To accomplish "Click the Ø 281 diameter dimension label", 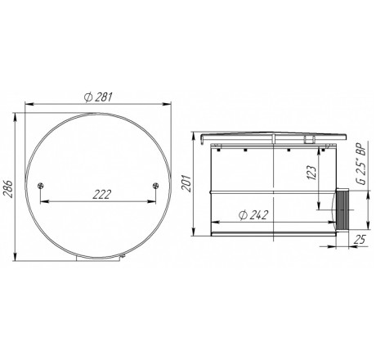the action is point(98,97).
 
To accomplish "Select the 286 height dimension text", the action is point(7,188).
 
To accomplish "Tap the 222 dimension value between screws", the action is point(102,195).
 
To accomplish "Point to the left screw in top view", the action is point(41,186).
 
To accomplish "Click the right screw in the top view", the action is point(155,186).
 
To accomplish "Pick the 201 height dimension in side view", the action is point(187,183).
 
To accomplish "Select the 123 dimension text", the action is point(312,173).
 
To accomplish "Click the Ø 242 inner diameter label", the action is point(253,215).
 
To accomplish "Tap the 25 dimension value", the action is point(360,240).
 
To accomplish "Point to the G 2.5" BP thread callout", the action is point(362,164).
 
